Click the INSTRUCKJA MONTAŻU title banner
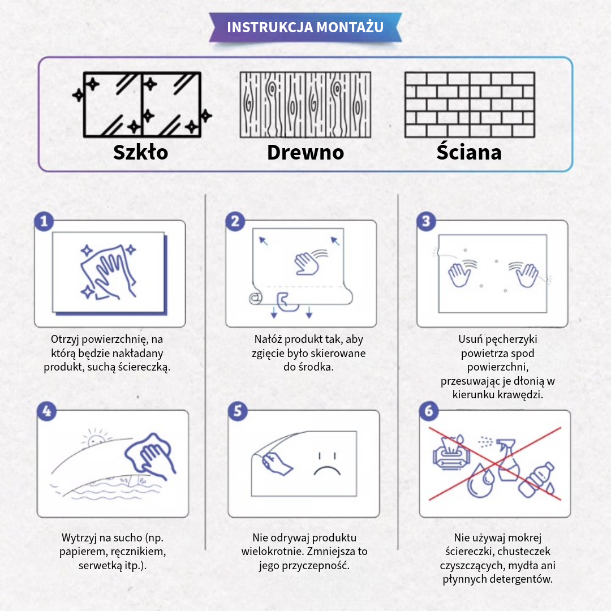(305, 27)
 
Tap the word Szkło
(141, 152)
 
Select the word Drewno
(305, 152)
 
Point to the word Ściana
(469, 151)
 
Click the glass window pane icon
(142, 105)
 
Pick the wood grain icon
(305, 105)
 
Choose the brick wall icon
(470, 105)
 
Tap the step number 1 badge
(44, 221)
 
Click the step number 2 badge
(235, 221)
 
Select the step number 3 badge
(427, 221)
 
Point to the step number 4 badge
(47, 411)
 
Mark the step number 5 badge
(238, 411)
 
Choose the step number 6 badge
(429, 411)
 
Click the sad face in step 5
(328, 464)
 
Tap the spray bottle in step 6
(506, 460)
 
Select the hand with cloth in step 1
(109, 272)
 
